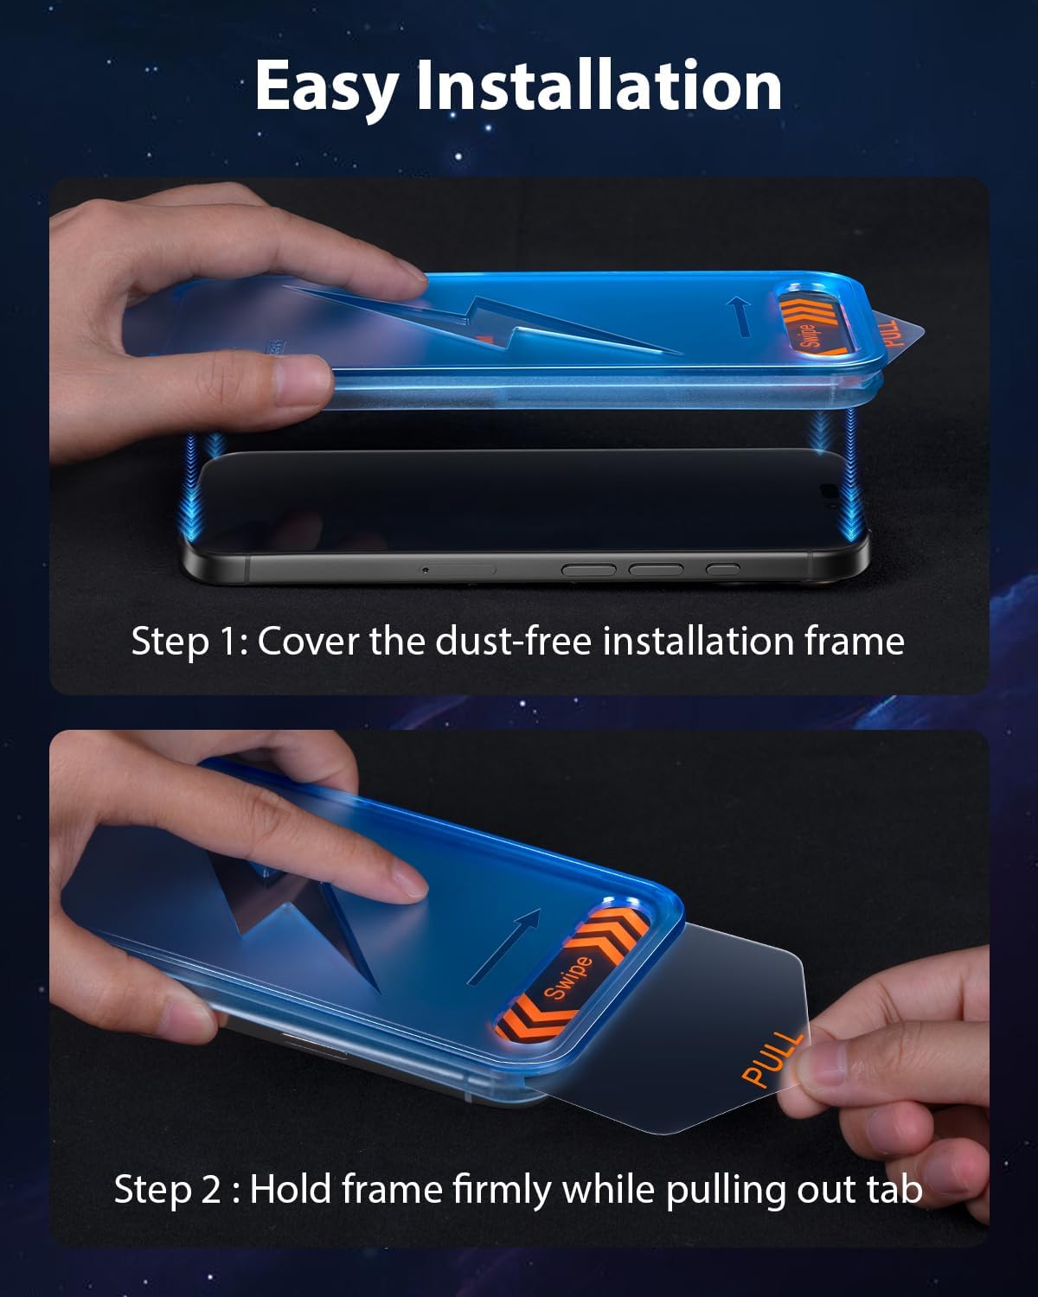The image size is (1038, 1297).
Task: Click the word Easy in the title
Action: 326,88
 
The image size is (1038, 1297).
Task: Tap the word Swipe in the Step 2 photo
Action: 567,978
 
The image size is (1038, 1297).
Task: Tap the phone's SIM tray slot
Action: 458,570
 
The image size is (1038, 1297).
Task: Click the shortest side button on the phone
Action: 722,569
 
